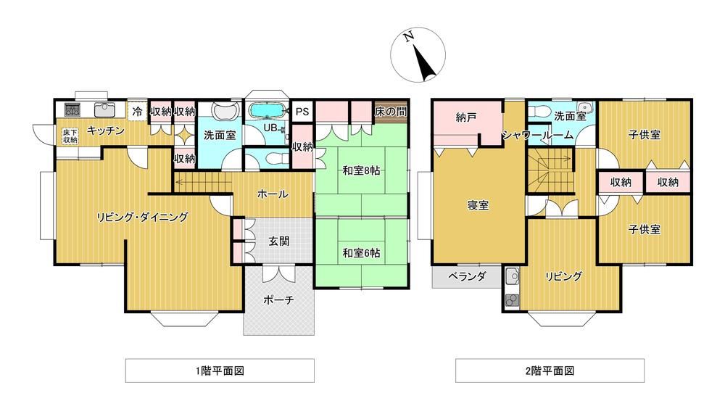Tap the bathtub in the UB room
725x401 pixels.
(266, 111)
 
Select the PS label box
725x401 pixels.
(302, 112)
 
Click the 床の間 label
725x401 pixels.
(391, 112)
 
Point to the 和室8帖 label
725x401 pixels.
(361, 170)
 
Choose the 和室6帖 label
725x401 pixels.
(361, 253)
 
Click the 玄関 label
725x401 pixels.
(279, 241)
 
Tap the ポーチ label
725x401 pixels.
(278, 299)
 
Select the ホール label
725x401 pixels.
(273, 194)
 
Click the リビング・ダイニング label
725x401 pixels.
(142, 217)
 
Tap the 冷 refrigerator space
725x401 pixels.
(137, 112)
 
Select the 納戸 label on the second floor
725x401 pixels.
(465, 117)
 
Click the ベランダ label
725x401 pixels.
(467, 276)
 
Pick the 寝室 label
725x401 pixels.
(478, 205)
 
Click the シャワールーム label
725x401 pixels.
(538, 135)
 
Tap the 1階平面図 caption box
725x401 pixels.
(220, 371)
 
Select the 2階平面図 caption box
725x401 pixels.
(550, 371)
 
